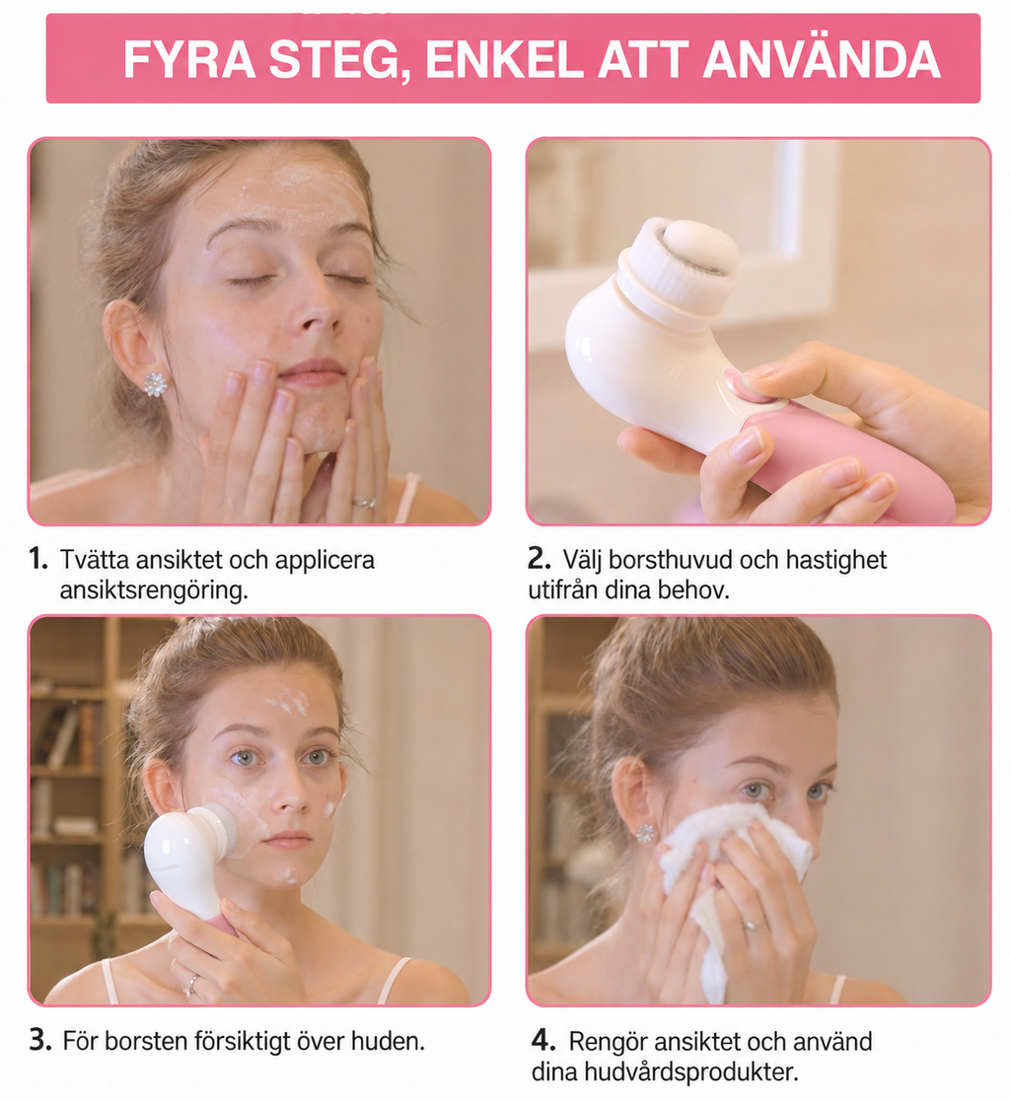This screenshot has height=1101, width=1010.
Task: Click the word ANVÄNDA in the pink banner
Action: pos(821,59)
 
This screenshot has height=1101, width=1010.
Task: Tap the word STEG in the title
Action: pos(333,61)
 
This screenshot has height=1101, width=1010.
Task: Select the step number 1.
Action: pos(38,559)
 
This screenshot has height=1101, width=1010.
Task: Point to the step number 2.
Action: pos(540,559)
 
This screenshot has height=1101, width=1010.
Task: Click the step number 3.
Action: pos(40,1040)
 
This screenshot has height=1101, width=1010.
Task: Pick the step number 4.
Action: pos(542,1040)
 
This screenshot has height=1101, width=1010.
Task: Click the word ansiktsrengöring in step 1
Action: pos(153,590)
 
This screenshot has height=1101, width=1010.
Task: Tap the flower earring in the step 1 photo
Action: pos(155,383)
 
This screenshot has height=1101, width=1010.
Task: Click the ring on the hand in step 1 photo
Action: pos(364,502)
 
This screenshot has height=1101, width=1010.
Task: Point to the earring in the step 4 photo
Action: pos(645,834)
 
